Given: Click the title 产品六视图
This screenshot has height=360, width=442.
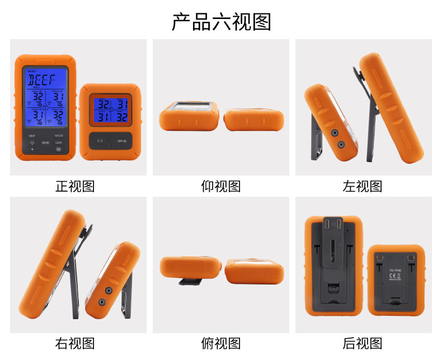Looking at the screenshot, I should click(221, 21).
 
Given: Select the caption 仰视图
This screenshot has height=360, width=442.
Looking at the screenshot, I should click(221, 186).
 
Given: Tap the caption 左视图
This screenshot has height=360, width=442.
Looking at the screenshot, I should click(363, 186).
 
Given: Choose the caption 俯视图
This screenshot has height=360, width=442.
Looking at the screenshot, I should click(221, 343).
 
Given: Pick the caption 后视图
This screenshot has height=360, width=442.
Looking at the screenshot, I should click(363, 343).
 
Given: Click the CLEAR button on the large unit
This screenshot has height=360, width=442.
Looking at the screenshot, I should click(58, 143).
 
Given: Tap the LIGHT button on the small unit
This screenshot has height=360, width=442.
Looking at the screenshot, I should click(120, 141).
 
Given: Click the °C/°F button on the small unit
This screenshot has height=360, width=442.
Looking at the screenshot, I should click(100, 141).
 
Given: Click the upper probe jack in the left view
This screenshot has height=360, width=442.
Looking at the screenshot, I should click(334, 134).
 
